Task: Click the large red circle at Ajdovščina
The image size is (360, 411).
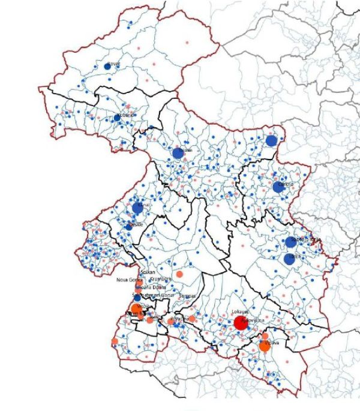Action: (241, 323)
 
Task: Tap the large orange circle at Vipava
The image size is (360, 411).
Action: (265, 346)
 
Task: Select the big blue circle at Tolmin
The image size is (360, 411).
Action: (178, 153)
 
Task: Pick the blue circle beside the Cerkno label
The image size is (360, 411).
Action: (277, 187)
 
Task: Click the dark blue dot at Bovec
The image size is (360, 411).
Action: (107, 66)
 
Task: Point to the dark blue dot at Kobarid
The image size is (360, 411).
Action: (117, 118)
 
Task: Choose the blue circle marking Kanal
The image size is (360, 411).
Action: (138, 208)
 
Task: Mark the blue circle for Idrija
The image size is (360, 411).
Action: (290, 259)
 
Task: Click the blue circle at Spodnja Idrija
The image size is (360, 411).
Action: (291, 242)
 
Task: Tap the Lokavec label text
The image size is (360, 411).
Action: (239, 313)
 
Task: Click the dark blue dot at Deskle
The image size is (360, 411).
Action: (128, 227)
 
